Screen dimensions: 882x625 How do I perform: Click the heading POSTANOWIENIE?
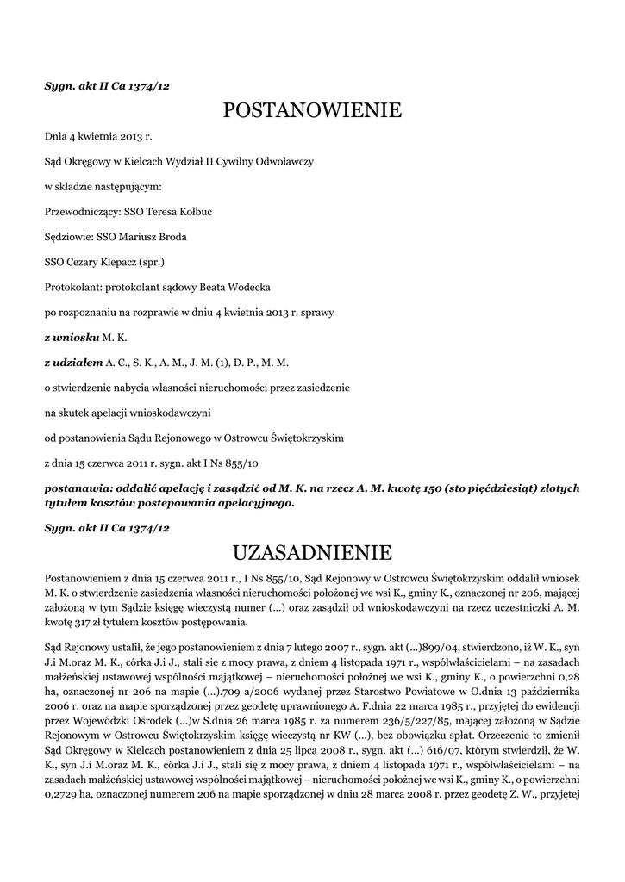pyautogui.click(x=312, y=110)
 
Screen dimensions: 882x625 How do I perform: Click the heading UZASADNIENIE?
pyautogui.click(x=312, y=550)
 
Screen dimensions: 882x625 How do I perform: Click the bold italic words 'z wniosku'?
pyautogui.click(x=71, y=337)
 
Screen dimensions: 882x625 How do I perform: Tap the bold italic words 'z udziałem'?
pyautogui.click(x=73, y=363)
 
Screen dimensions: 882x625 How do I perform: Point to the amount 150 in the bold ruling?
pyautogui.click(x=430, y=488)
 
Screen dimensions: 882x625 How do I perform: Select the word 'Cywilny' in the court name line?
pyautogui.click(x=245, y=161)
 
